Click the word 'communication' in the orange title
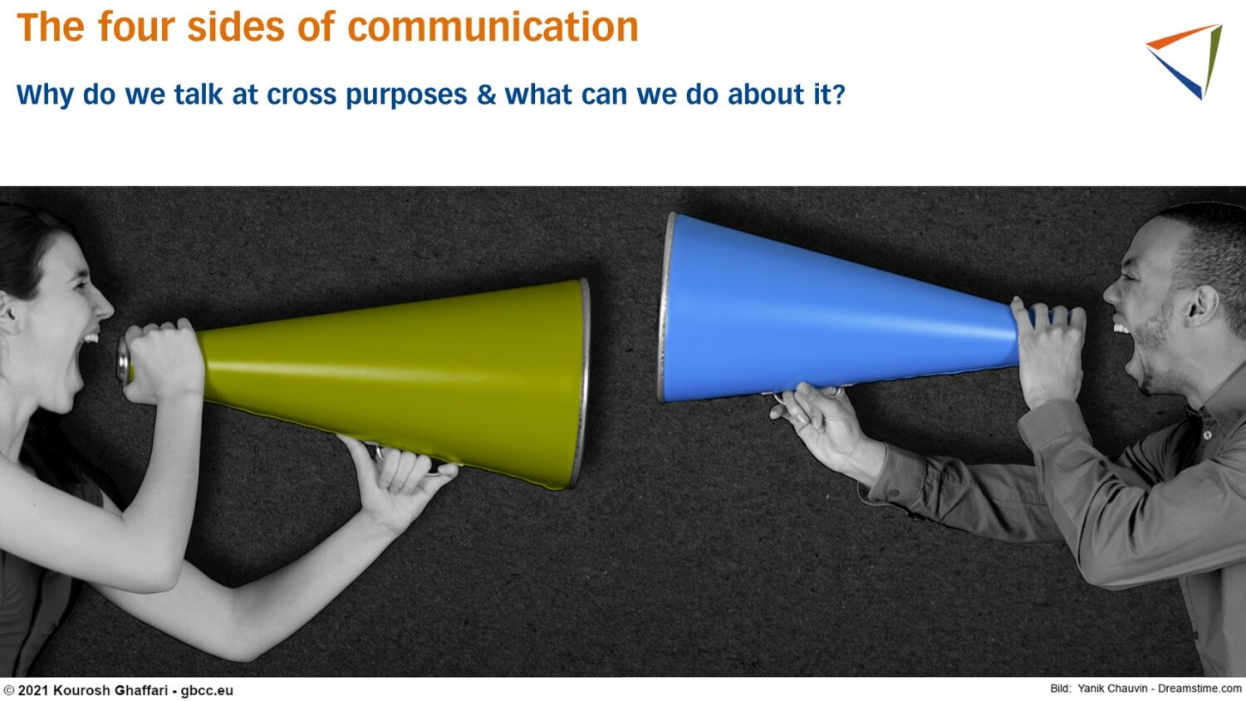(493, 27)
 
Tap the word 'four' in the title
(136, 27)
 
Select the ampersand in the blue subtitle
(486, 94)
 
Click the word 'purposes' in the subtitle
(406, 96)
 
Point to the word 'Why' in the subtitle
(45, 96)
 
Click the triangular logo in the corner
(1185, 61)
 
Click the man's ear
(1203, 305)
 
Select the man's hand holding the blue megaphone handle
(817, 423)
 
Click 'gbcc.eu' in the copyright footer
(206, 690)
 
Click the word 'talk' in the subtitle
(198, 94)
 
